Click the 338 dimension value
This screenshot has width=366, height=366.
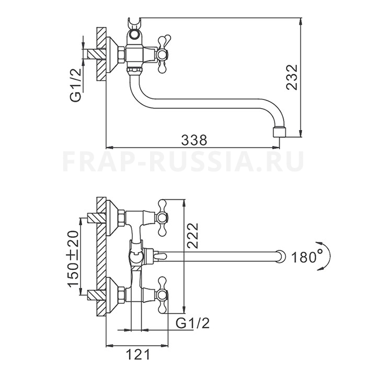tap(194, 140)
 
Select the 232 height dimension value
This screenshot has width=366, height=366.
tap(292, 77)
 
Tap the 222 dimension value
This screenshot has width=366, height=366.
tap(192, 236)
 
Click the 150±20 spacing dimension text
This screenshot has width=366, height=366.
tap(73, 259)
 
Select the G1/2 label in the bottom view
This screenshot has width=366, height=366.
tap(192, 324)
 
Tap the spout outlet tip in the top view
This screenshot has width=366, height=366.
tap(279, 132)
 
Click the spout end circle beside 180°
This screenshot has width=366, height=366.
tap(281, 257)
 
